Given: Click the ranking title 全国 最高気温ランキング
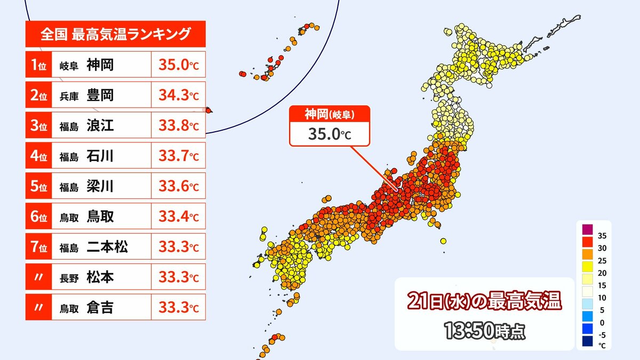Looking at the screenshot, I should [115, 35].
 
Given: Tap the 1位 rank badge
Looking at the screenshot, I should [38, 66].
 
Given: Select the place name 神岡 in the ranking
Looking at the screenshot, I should [100, 66].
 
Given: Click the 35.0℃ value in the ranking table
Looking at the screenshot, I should [178, 66].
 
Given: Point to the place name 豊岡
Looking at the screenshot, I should [100, 96].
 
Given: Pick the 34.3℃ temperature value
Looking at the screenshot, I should [178, 96].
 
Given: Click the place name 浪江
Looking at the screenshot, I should [100, 126].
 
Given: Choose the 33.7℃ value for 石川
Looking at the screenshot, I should [178, 157].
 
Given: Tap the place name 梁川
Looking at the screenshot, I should [100, 187].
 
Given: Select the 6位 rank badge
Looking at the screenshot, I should [38, 217].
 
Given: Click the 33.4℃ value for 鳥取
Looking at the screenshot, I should [178, 217].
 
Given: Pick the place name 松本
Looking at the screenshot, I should [100, 278].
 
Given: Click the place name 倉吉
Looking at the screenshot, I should [100, 308].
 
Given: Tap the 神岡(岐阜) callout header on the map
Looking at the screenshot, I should [330, 114].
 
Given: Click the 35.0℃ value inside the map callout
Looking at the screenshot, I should [330, 133].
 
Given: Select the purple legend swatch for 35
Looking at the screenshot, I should [587, 229].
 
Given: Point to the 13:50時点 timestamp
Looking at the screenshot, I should [484, 331].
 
